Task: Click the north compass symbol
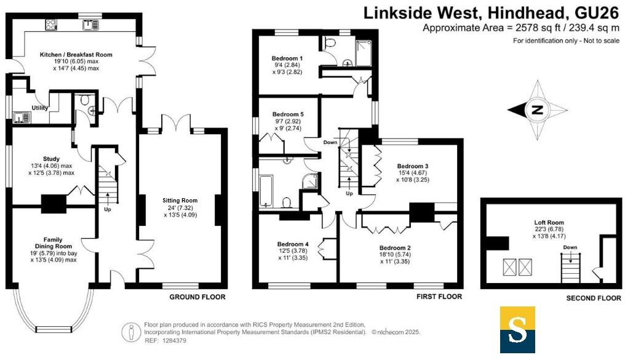537,111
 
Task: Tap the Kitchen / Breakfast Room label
76,55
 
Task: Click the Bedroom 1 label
288,58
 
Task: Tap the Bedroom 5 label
288,114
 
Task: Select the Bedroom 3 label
412,166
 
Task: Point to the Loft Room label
549,223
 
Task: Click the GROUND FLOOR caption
197,297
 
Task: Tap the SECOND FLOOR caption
594,299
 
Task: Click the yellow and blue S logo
517,330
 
